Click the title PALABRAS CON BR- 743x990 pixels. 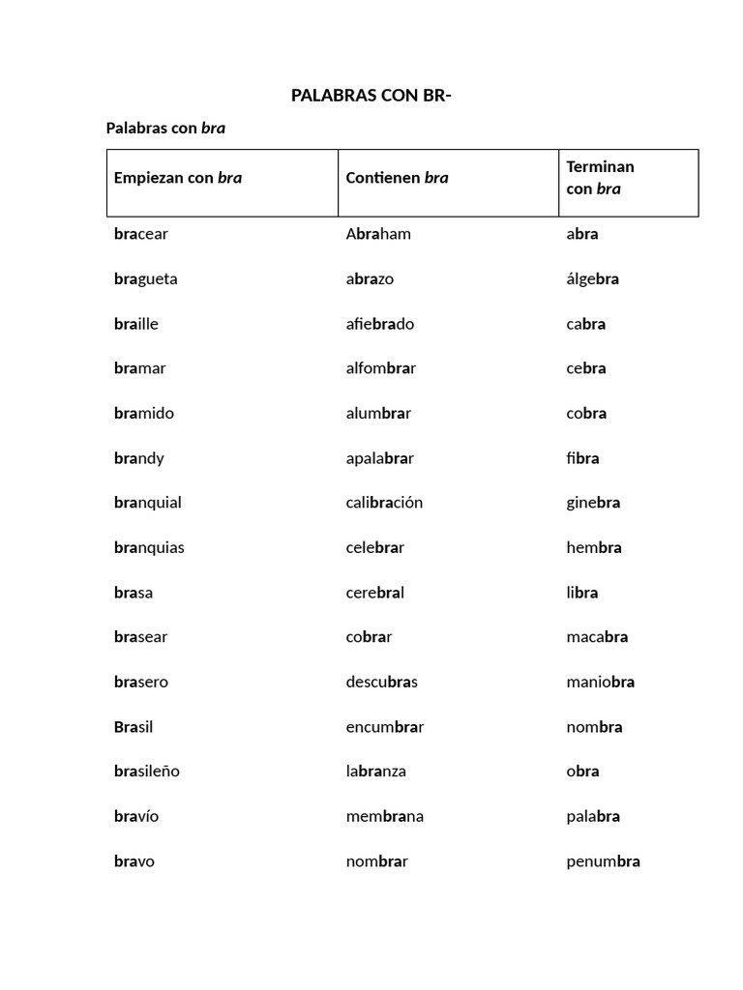click(x=371, y=96)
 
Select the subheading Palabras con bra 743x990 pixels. click(x=165, y=128)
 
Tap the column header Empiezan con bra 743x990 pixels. click(x=178, y=178)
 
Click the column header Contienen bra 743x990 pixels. click(x=397, y=178)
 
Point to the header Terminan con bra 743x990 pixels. click(x=600, y=178)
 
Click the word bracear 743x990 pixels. click(x=141, y=234)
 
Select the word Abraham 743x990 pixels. click(x=378, y=234)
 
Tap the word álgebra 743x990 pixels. click(x=592, y=279)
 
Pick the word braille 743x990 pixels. click(x=136, y=324)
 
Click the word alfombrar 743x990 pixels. click(x=381, y=368)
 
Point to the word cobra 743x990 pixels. click(x=586, y=414)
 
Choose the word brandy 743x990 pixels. click(x=139, y=458)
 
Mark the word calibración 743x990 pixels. click(x=384, y=503)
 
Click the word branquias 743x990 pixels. click(x=149, y=548)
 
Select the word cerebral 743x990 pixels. click(x=375, y=593)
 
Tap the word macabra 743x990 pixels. click(x=597, y=637)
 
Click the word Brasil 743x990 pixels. click(x=134, y=727)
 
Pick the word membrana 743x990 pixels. click(x=385, y=817)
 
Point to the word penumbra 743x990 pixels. click(x=603, y=861)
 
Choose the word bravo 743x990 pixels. click(x=134, y=861)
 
